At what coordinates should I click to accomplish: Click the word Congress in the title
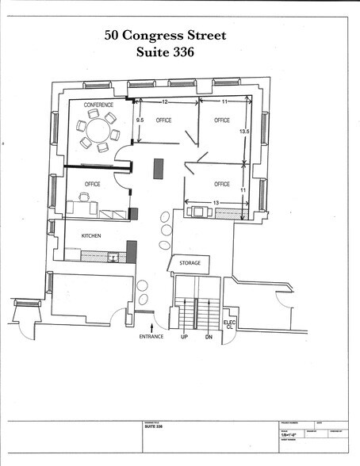click(164, 36)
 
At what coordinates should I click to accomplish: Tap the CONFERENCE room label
click(94, 105)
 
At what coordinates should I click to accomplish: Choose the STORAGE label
click(189, 262)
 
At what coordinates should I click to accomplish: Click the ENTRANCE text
click(151, 337)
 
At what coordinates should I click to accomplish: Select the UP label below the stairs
click(185, 337)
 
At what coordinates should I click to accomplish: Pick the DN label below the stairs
click(209, 337)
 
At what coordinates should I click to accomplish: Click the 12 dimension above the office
click(165, 102)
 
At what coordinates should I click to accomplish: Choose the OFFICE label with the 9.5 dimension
click(164, 120)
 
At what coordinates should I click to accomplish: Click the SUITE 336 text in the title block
click(154, 426)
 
